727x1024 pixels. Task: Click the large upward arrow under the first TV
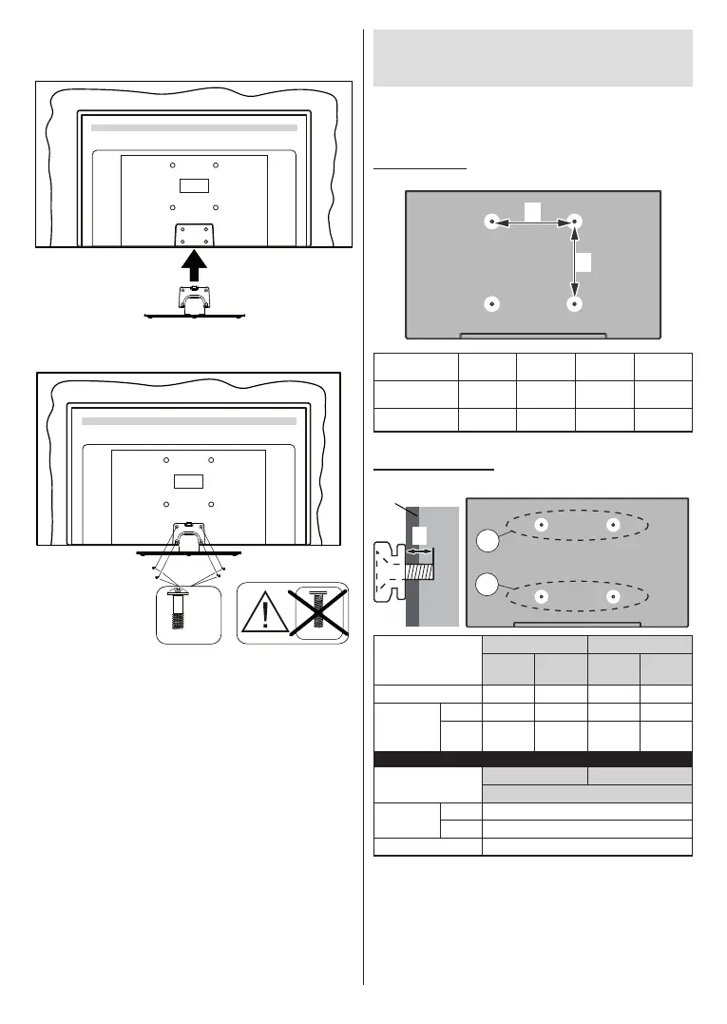(x=193, y=260)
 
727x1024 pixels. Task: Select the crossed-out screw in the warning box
(x=320, y=612)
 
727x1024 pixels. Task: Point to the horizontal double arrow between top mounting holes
(x=533, y=222)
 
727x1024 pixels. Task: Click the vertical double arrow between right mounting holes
(x=574, y=263)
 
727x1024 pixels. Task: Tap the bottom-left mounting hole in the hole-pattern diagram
(x=491, y=304)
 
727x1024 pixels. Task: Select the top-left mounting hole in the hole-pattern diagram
(x=491, y=222)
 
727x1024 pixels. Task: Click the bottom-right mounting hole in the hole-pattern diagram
(x=574, y=304)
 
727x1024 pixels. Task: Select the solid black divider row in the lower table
(x=532, y=759)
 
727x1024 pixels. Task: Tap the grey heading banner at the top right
(x=531, y=57)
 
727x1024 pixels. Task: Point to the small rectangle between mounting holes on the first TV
(x=194, y=186)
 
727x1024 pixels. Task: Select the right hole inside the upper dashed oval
(x=613, y=524)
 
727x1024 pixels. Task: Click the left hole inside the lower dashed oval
(x=541, y=596)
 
